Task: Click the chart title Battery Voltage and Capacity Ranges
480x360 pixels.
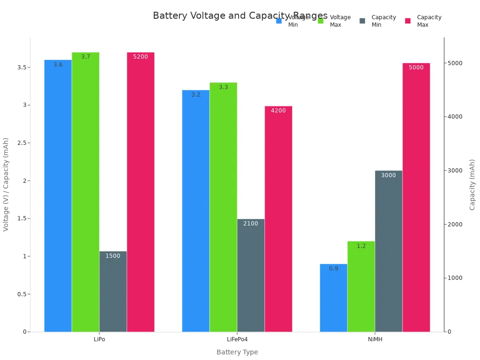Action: [x=240, y=16]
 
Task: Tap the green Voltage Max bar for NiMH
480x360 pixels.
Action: [x=361, y=286]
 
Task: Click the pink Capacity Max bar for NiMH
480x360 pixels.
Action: [x=416, y=197]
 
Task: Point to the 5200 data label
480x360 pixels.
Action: [x=141, y=57]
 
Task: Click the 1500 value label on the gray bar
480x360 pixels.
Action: [x=113, y=256]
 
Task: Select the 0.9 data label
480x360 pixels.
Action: [x=334, y=269]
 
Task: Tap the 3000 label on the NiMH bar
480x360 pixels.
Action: [x=389, y=175]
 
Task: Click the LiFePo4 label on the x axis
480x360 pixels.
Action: [x=237, y=339]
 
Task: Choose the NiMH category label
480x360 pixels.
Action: [x=375, y=339]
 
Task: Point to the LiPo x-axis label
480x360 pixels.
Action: [x=99, y=339]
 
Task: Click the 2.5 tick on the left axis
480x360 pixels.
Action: [x=21, y=143]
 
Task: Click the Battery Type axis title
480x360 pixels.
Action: [x=237, y=352]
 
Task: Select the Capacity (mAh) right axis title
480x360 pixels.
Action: [x=472, y=185]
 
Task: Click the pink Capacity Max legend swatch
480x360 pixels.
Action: [x=408, y=21]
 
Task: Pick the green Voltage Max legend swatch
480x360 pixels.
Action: [x=321, y=21]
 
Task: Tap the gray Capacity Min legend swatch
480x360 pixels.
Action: [x=362, y=21]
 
